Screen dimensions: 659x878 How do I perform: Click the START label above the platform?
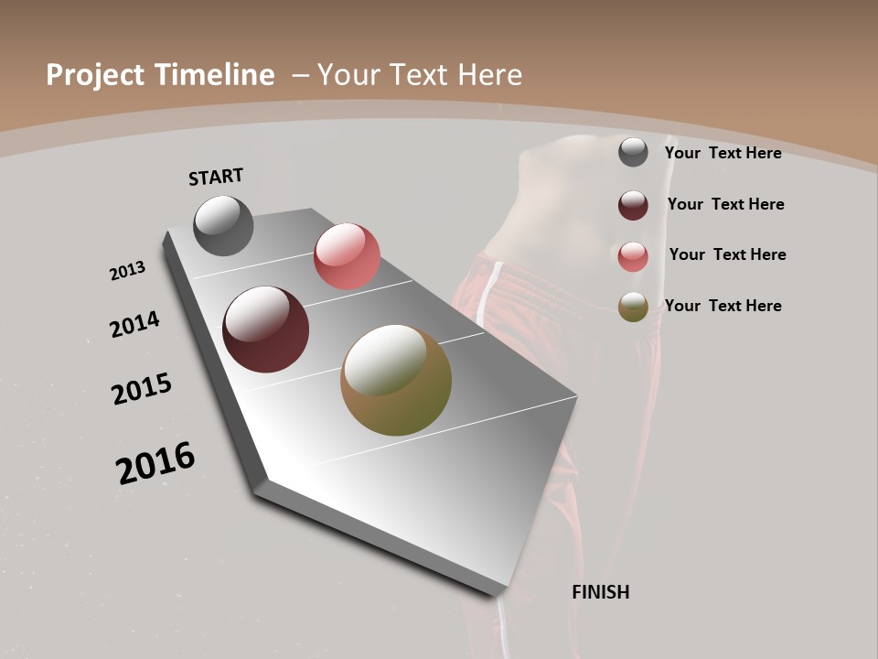[216, 177]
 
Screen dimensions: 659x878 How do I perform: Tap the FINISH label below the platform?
[600, 592]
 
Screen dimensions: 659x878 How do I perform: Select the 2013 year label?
[127, 271]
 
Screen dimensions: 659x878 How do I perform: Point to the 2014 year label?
[134, 324]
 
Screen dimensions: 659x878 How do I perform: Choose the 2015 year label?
[142, 389]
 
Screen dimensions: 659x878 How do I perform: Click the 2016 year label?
[155, 463]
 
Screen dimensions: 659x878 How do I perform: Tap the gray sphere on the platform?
[223, 225]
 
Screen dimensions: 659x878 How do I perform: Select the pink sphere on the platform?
[347, 256]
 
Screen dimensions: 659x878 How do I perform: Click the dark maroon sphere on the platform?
[265, 329]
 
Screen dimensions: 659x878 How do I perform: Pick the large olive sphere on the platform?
[396, 380]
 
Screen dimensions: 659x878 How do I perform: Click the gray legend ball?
[633, 152]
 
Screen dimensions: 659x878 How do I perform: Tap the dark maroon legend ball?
[633, 205]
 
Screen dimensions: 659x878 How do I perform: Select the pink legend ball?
[633, 256]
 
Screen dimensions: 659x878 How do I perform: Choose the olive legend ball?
[633, 307]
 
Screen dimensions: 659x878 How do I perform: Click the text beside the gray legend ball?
[723, 153]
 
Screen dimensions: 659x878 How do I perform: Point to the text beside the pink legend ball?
[727, 254]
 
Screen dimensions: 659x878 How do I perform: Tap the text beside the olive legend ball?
[723, 306]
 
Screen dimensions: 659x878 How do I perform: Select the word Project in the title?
[92, 75]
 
